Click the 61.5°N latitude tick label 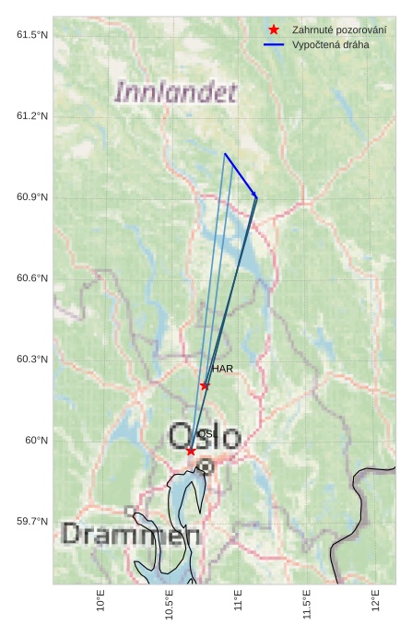[32, 34]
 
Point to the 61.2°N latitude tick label [32, 115]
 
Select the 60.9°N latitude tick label [32, 196]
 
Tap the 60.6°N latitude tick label [32, 277]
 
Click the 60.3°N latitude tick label [32, 359]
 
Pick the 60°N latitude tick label [37, 440]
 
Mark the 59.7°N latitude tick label [32, 521]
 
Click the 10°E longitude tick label [100, 601]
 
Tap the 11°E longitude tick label [238, 601]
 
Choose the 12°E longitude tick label [375, 601]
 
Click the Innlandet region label [176, 92]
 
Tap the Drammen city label [131, 535]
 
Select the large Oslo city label [204, 436]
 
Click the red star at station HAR [205, 385]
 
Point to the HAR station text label [222, 369]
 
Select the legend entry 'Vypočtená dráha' [330, 44]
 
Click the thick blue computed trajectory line [241, 175]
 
